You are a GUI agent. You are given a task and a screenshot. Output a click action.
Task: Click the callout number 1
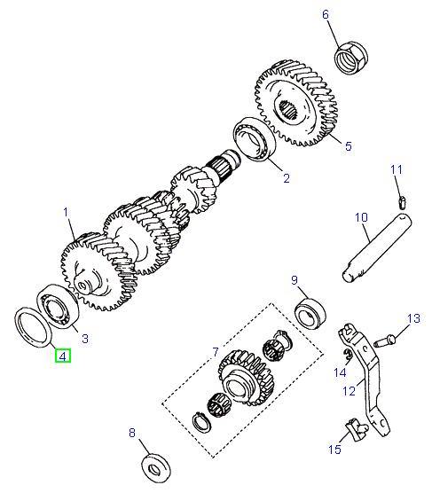click(66, 212)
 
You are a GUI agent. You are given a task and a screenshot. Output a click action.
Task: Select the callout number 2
click(286, 178)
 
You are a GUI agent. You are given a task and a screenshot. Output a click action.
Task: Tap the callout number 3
click(84, 338)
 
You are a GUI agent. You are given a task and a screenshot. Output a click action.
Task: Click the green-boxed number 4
click(63, 357)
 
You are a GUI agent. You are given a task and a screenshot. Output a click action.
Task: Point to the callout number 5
click(349, 146)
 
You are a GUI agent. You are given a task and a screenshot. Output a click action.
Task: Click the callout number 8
click(132, 434)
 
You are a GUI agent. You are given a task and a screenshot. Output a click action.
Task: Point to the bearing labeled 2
click(255, 140)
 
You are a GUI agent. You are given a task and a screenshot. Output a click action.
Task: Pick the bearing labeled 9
click(310, 313)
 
